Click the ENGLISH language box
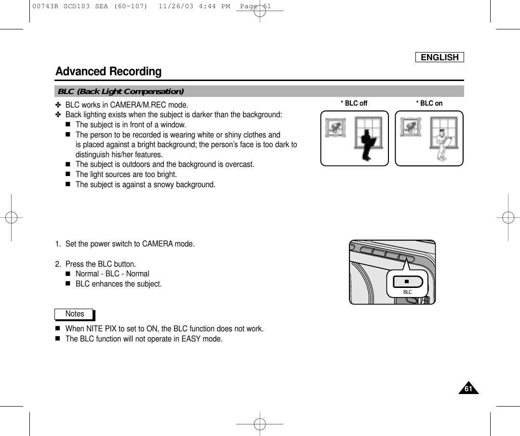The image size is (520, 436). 440,57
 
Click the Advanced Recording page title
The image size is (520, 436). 108,71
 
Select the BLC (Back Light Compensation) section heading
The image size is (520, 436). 120,92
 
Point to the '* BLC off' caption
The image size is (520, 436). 354,103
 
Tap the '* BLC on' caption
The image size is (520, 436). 429,103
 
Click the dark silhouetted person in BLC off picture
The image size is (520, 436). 368,144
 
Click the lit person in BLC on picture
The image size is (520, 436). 443,144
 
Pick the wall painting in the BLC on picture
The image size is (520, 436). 410,127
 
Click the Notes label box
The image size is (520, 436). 74,314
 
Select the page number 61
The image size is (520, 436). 467,388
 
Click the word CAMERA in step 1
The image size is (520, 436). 160,244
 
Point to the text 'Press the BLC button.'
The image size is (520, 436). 100,264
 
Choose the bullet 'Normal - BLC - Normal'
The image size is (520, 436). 112,273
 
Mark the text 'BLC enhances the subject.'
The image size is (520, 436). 119,284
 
